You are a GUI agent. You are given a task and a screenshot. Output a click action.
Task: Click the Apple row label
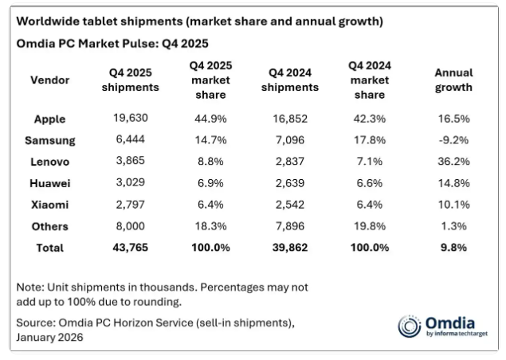[x=49, y=119]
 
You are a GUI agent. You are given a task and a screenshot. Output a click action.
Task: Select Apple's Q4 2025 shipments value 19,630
[x=130, y=119]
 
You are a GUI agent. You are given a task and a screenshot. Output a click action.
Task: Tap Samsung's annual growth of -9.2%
[x=453, y=140]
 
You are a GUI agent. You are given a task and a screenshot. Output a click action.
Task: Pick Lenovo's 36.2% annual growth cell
[x=453, y=162]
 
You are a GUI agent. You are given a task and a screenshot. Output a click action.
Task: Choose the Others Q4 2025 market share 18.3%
[x=210, y=226]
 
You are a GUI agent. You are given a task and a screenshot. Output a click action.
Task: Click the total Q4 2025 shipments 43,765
[x=130, y=248]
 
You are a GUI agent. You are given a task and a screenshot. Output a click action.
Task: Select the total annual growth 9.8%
[x=453, y=248]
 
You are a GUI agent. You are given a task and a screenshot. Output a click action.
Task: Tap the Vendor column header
[x=49, y=80]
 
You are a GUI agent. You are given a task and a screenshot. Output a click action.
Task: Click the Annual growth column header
[x=453, y=80]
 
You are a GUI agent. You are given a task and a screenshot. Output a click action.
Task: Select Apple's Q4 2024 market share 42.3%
[x=369, y=119]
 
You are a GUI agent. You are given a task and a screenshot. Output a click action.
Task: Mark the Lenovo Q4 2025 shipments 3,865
[x=130, y=162]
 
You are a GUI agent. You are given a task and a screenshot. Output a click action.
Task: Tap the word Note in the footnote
[x=31, y=287]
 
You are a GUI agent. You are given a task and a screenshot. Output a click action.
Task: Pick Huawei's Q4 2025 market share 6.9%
[x=210, y=183]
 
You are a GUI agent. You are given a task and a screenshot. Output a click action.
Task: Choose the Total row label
[x=49, y=248]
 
